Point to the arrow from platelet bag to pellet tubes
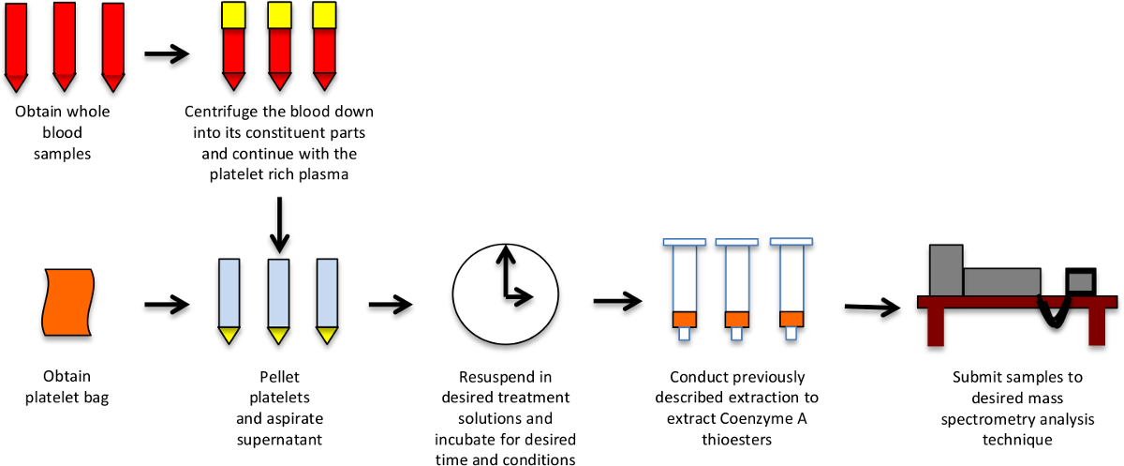coord(167,304)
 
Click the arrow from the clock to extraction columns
coord(617,301)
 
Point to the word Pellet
coord(278,378)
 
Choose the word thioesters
coord(732,439)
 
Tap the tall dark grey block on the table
coord(946,270)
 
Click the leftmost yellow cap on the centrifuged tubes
coord(233,14)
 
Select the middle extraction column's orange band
coord(735,319)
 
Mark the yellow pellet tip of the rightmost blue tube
coord(327,334)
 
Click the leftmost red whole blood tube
coord(17,42)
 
